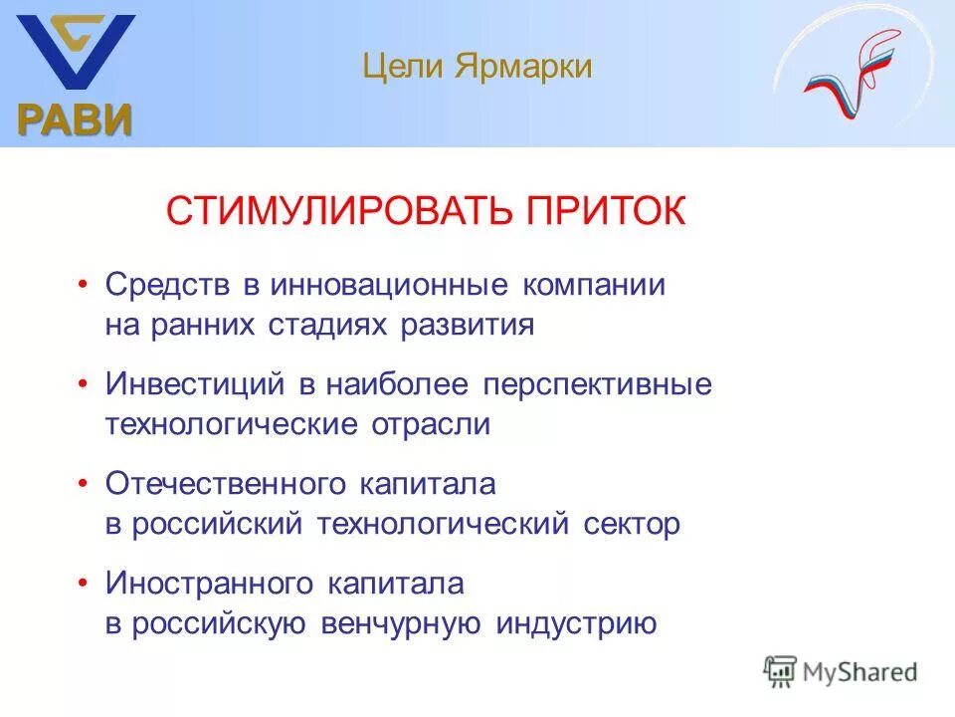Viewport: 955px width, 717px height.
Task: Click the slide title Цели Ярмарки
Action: pyautogui.click(x=477, y=67)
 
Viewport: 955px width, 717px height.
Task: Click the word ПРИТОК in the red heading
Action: pyautogui.click(x=606, y=211)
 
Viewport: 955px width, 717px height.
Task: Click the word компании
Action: pyautogui.click(x=591, y=285)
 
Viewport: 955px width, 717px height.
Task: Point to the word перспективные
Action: pyautogui.click(x=598, y=384)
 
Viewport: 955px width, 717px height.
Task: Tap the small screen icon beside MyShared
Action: pyautogui.click(x=780, y=671)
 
